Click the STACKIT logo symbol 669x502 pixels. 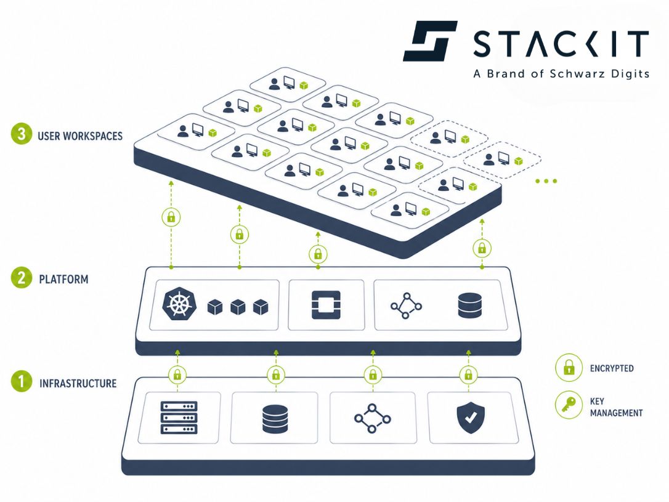pos(430,41)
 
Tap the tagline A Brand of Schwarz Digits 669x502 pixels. pos(561,74)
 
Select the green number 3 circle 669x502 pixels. pos(21,135)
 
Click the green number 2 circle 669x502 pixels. pos(21,278)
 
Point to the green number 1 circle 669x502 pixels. pos(21,383)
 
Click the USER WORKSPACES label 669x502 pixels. pos(80,136)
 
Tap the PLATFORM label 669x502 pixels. pos(63,279)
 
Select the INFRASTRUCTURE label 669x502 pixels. pos(78,383)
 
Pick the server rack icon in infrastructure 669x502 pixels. pos(179,418)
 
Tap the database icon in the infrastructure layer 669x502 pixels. pos(275,419)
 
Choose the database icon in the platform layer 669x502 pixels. pos(470,306)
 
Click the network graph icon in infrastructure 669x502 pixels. pos(373,419)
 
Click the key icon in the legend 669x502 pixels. pos(568,406)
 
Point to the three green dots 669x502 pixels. pos(546,181)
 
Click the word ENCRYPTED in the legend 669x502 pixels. pos(612,368)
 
